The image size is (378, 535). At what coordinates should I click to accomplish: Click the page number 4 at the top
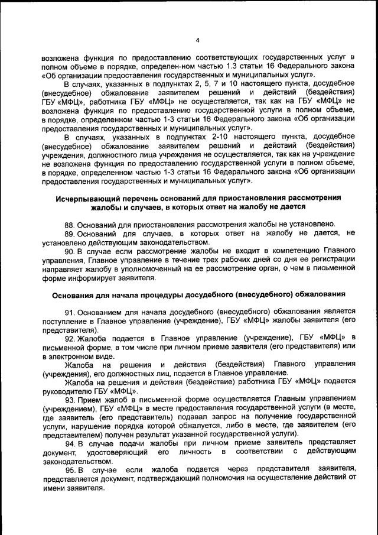197,40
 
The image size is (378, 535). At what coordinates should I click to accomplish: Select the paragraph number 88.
70,224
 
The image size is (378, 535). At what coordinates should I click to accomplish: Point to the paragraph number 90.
70,251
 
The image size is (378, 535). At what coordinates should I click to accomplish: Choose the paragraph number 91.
70,311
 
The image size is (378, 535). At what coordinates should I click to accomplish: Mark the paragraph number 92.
70,338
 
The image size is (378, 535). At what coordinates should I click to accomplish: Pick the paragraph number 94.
70,443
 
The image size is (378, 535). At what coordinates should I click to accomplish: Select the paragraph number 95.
70,469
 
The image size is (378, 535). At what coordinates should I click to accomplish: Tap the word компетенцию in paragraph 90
279,251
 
